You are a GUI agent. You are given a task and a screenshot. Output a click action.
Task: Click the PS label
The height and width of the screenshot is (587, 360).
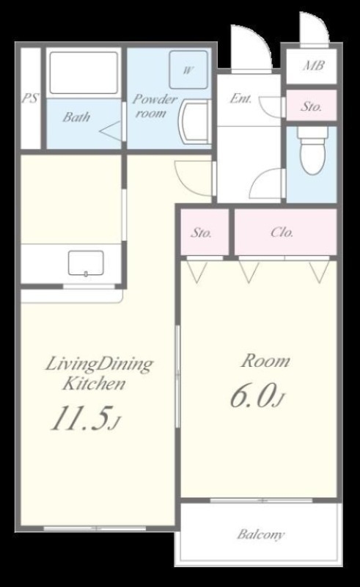coord(30,98)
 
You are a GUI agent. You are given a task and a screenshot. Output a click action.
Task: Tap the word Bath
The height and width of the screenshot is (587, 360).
coord(76,117)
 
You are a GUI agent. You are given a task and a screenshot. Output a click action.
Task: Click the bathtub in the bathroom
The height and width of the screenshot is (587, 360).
coord(84,73)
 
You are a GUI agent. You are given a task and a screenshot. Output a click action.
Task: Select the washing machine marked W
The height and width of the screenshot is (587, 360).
coord(188,70)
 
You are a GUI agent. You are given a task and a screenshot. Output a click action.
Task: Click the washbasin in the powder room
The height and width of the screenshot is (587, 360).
coord(194,122)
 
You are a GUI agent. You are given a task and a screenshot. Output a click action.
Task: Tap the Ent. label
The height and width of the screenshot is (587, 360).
coord(240,98)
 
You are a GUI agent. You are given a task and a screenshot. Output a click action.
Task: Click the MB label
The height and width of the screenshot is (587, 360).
coord(314,66)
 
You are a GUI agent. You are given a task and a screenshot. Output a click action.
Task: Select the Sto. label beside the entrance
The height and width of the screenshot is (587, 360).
coord(312,106)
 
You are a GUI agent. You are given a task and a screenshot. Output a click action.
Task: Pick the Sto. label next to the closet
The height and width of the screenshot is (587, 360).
coord(201,233)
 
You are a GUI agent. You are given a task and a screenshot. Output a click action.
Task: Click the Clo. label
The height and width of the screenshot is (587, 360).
coord(282,233)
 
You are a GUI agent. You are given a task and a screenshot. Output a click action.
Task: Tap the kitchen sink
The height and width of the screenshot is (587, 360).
coord(86,263)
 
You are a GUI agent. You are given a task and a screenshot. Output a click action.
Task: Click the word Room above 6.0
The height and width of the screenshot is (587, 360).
coord(265,361)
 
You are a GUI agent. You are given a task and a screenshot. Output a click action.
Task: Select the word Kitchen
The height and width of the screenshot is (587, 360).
coord(94,384)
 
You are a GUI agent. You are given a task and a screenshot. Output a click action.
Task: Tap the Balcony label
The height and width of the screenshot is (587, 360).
coord(261,534)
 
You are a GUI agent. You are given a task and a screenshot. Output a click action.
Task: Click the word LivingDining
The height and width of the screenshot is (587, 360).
coord(99,365)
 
